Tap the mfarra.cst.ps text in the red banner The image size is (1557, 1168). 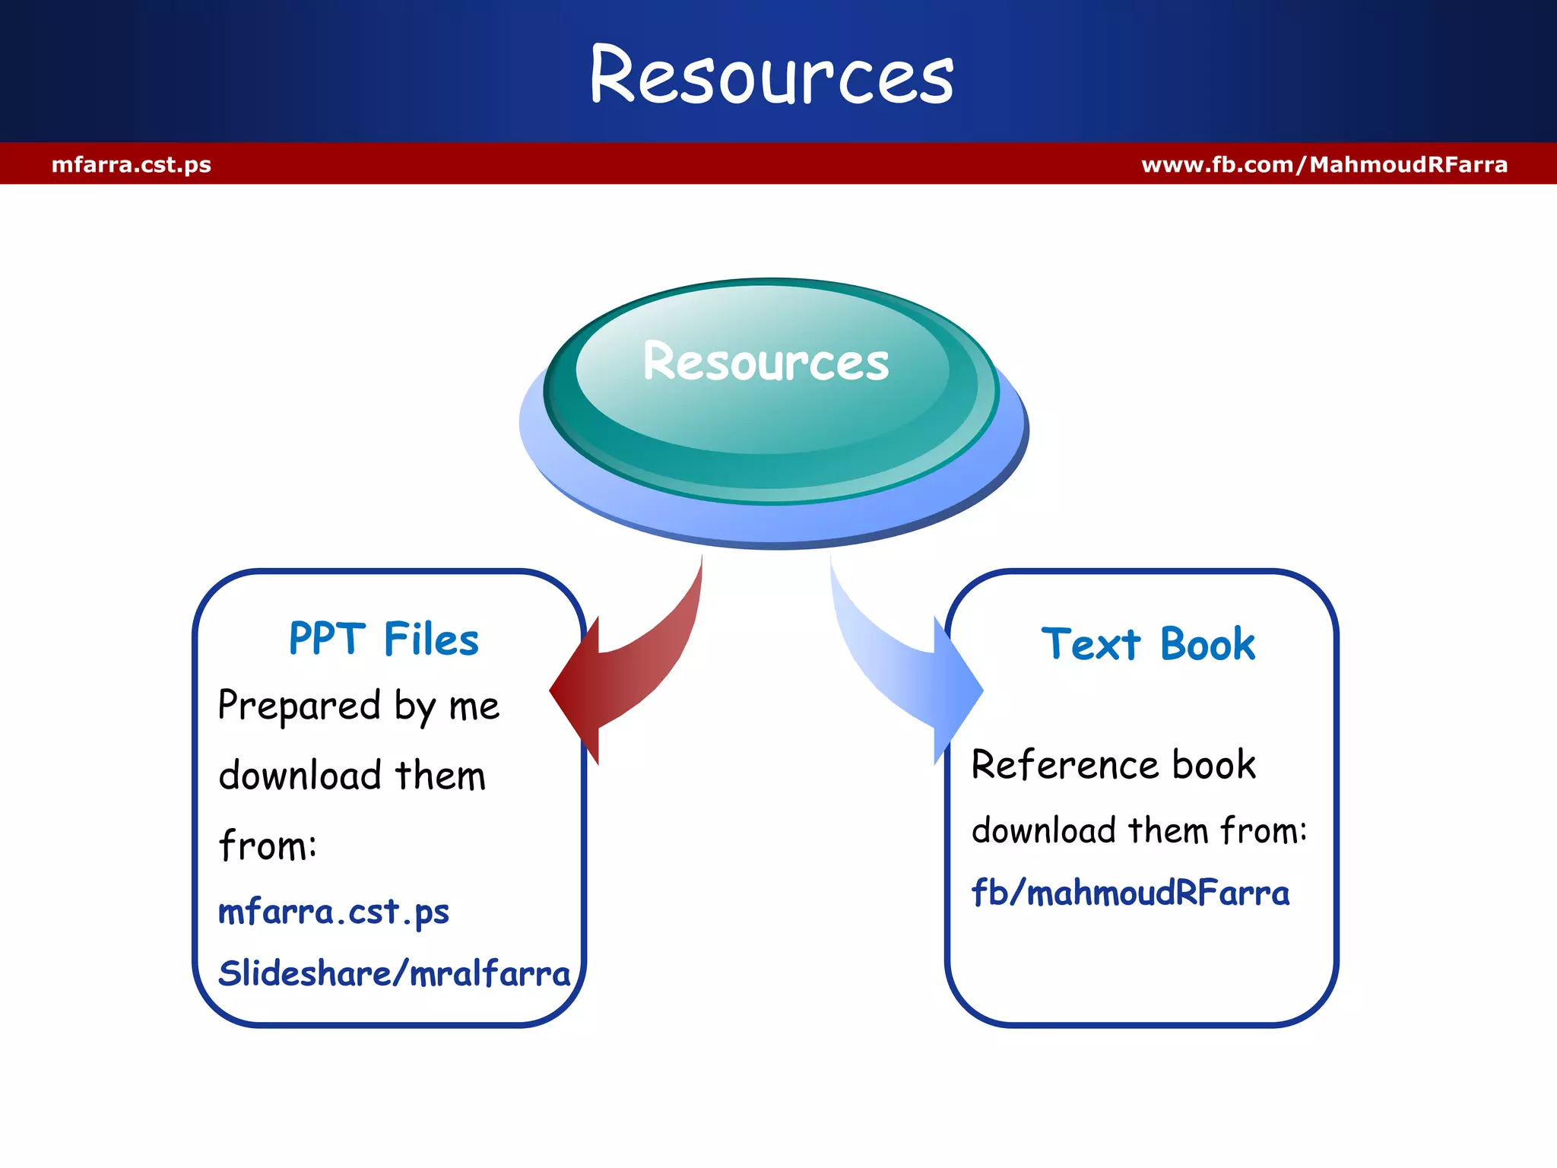[x=132, y=164]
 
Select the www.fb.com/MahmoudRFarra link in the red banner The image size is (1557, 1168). [x=1324, y=164]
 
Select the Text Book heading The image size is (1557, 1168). [x=1148, y=644]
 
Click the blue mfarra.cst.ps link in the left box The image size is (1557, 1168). [x=334, y=911]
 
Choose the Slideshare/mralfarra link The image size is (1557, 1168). [x=394, y=973]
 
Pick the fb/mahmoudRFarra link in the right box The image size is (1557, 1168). [x=1130, y=893]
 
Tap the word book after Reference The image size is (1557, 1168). [x=1213, y=765]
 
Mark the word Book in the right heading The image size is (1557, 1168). [x=1207, y=644]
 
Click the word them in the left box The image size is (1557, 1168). [x=440, y=776]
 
